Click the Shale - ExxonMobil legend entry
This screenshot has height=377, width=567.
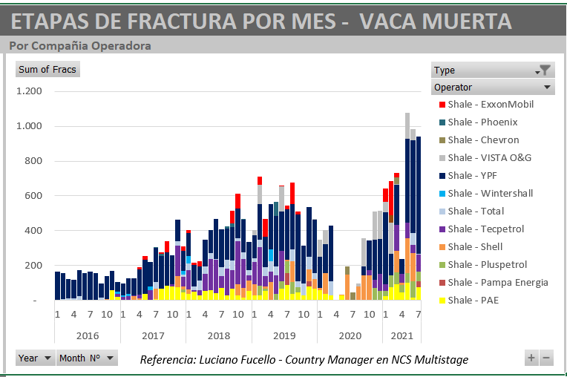(491, 105)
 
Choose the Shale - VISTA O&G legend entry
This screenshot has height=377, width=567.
(489, 158)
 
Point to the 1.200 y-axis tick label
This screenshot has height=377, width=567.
(29, 91)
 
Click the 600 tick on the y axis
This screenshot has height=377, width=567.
(33, 196)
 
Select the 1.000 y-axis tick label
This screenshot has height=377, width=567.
(29, 126)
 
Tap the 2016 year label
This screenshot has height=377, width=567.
(88, 335)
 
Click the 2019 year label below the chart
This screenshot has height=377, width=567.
(284, 335)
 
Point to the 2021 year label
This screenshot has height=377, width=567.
(402, 335)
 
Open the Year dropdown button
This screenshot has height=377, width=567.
(35, 358)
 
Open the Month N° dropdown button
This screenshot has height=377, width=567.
(87, 358)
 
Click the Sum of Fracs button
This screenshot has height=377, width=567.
(47, 70)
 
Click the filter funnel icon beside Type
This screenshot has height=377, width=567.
(545, 71)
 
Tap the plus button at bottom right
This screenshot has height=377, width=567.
(531, 358)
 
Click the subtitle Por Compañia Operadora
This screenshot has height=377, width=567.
(80, 46)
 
